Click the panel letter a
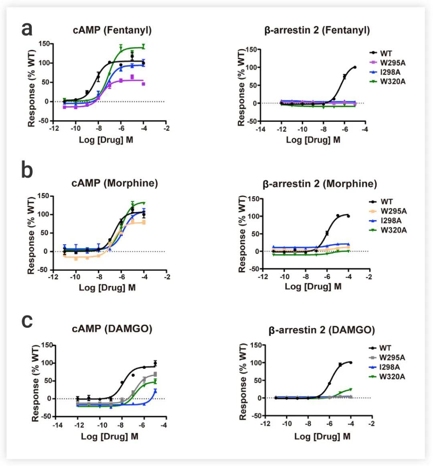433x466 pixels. tap(27, 29)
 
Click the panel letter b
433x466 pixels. tap(27, 170)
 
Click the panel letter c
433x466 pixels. tap(27, 321)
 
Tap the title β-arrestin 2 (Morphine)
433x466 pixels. tap(320, 184)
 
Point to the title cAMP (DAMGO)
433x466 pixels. tap(112, 329)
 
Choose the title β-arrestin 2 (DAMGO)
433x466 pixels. tap(322, 330)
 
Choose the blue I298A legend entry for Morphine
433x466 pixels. tap(387, 221)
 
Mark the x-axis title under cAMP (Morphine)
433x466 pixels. tap(107, 288)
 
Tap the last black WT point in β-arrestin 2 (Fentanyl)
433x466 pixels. tap(355, 67)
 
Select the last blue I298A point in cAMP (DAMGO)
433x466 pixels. tap(155, 390)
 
